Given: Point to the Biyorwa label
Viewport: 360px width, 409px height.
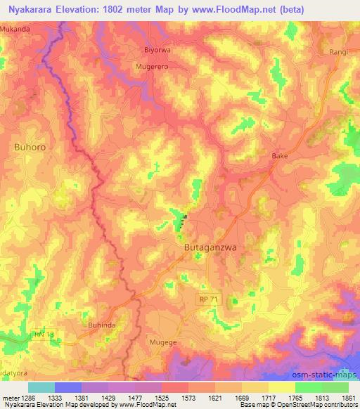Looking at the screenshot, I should (157, 51).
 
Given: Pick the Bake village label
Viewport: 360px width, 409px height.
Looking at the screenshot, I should (280, 156).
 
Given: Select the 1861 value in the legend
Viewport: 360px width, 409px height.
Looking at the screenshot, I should (347, 397).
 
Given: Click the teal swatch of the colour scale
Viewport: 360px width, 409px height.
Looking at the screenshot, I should (41, 387).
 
